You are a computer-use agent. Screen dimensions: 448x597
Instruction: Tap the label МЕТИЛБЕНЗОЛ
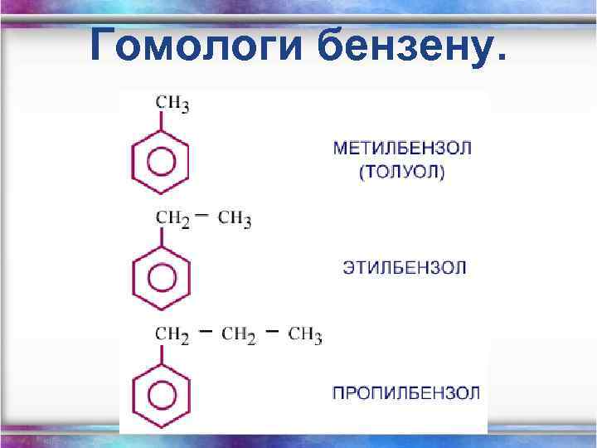[x=402, y=149]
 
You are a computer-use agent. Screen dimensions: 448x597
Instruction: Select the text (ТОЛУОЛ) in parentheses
[x=402, y=173]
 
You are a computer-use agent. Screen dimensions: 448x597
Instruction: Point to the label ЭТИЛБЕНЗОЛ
[x=405, y=268]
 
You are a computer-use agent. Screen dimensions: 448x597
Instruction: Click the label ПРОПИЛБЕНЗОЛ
[x=405, y=392]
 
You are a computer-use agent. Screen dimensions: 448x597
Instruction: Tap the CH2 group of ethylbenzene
[x=172, y=219]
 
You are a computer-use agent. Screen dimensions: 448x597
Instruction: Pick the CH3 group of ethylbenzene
[x=235, y=219]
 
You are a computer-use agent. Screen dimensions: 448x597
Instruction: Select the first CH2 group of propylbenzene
[x=172, y=335]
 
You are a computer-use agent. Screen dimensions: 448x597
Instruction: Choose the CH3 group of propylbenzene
[x=305, y=335]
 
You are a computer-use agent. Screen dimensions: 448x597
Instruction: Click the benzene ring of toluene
[x=161, y=160]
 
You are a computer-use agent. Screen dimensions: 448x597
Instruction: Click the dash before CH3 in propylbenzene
[x=272, y=331]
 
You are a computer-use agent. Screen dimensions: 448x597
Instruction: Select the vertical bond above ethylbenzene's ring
[x=161, y=238]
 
